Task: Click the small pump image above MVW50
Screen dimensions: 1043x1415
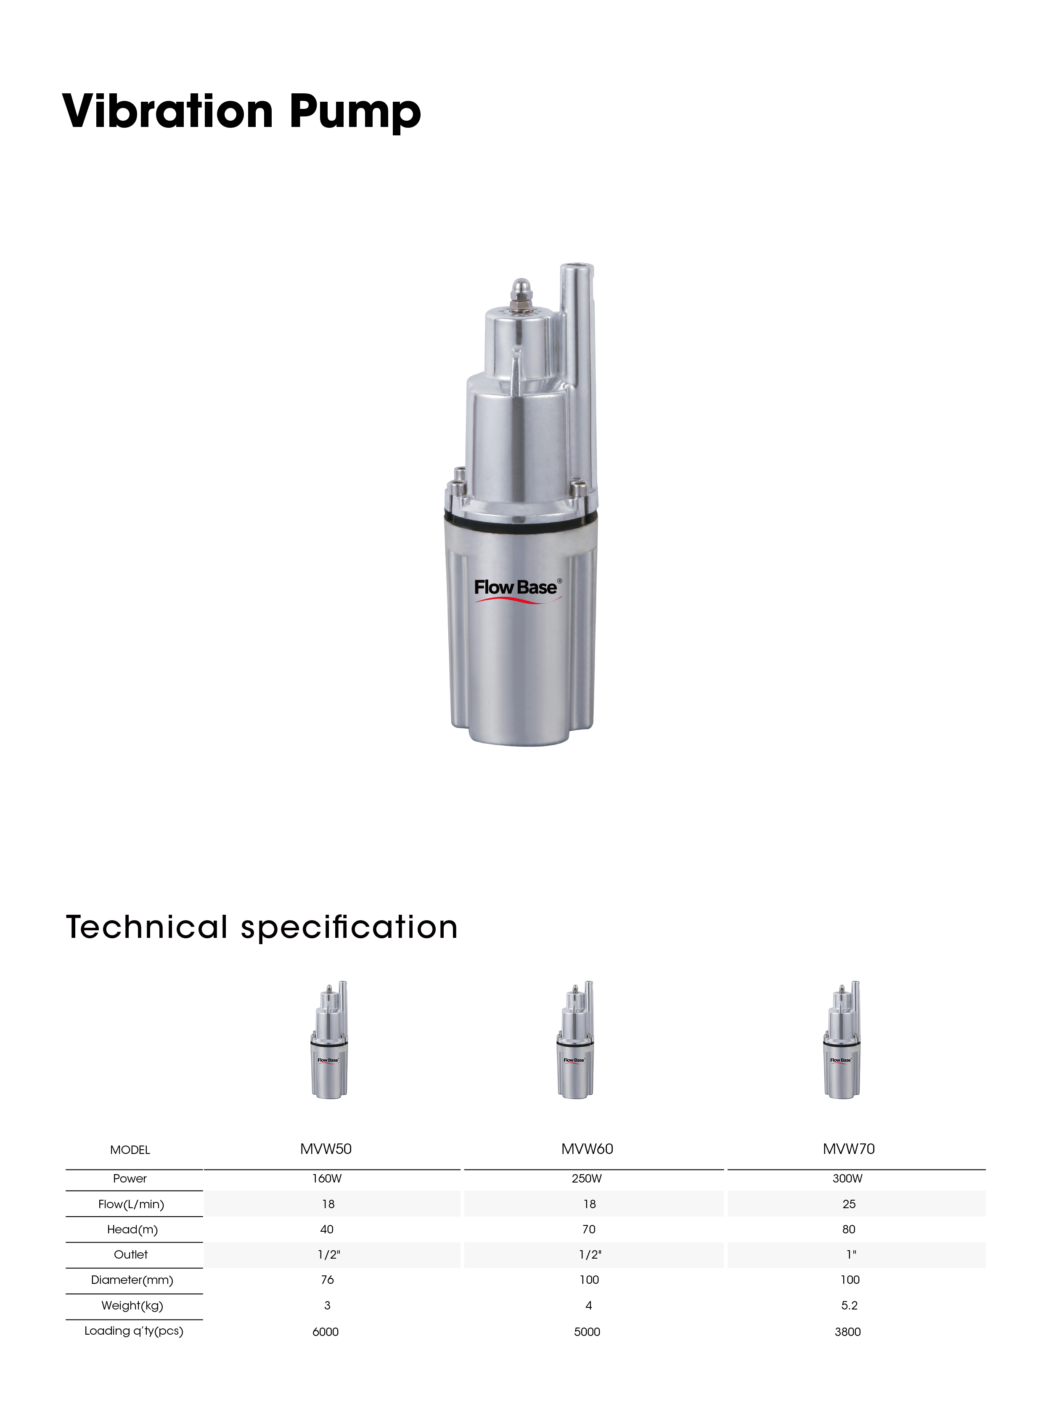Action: click(x=329, y=1040)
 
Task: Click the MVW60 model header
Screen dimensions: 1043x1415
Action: click(x=587, y=1148)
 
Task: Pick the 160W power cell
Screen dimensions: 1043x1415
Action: click(x=326, y=1178)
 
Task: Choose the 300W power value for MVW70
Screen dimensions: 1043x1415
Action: click(x=847, y=1178)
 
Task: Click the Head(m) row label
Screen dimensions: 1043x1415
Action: click(x=132, y=1230)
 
